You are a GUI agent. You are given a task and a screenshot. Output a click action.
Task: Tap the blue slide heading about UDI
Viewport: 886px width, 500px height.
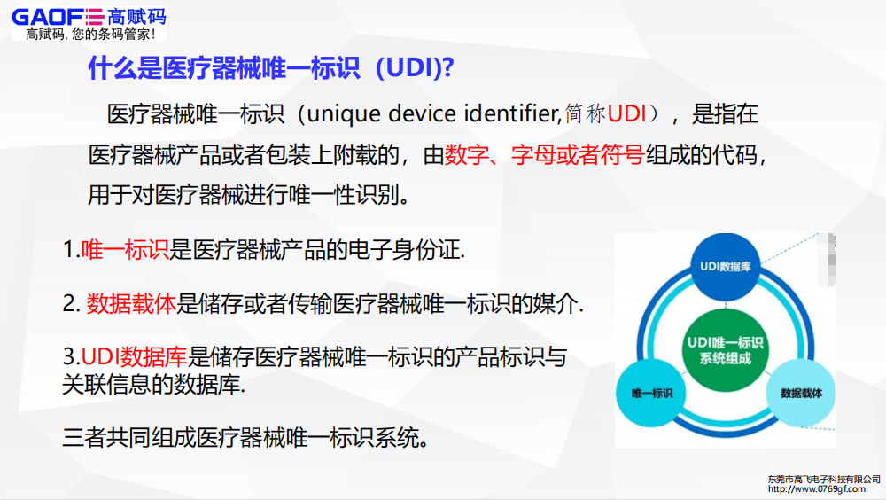tap(270, 68)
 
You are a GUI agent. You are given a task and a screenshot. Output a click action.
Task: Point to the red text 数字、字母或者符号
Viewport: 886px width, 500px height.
tap(544, 155)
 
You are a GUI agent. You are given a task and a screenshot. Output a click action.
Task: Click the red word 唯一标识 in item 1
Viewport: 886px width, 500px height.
tap(124, 251)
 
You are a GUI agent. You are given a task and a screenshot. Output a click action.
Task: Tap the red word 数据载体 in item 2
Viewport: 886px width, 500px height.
tap(131, 304)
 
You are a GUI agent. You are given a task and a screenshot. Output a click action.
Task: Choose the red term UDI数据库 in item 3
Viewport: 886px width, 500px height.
tap(134, 358)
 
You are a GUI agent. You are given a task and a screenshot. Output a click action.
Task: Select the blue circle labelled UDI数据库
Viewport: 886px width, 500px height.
tap(726, 266)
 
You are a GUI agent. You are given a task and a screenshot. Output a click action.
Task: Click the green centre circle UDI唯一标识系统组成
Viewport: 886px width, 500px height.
tap(726, 349)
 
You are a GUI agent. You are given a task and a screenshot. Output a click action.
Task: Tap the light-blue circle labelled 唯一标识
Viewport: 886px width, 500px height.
tap(651, 391)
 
